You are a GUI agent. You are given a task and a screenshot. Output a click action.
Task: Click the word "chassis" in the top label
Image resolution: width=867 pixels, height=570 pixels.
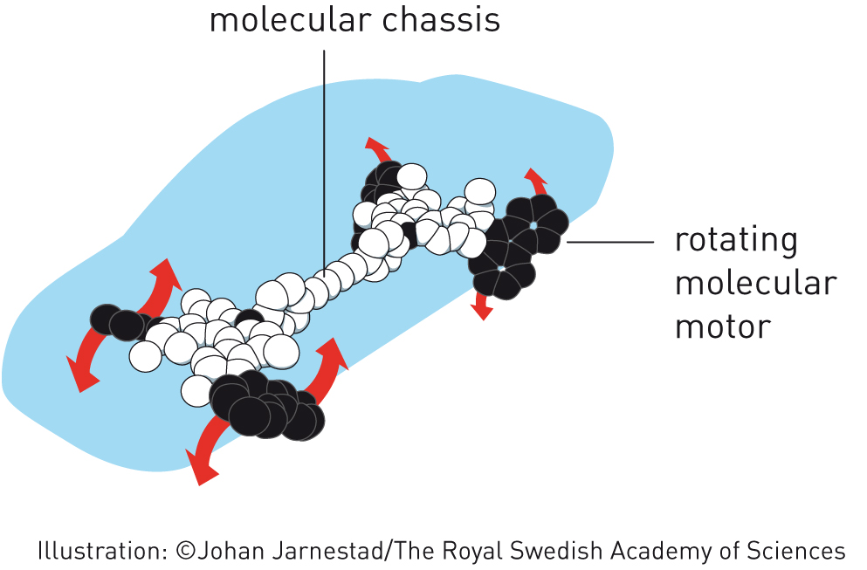click(x=441, y=20)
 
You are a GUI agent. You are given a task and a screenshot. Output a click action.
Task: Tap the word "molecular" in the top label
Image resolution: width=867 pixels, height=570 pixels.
click(x=290, y=20)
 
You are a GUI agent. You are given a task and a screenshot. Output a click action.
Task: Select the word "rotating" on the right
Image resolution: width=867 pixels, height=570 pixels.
click(x=736, y=241)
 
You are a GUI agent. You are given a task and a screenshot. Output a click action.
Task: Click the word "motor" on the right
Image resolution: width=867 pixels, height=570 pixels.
click(x=723, y=326)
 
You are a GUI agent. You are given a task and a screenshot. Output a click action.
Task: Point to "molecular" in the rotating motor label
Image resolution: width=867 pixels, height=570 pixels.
click(x=756, y=283)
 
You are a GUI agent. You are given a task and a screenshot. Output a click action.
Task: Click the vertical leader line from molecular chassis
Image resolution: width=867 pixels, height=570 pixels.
click(x=324, y=161)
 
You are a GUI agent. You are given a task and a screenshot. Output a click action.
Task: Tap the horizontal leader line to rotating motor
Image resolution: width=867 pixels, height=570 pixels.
click(x=610, y=242)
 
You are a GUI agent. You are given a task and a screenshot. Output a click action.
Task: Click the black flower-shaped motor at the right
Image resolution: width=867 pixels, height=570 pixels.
click(x=518, y=247)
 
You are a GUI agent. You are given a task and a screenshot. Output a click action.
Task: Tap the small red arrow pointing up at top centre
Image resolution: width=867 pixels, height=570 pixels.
click(x=378, y=148)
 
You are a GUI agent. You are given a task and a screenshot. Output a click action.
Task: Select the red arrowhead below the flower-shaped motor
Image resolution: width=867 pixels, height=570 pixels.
click(x=482, y=307)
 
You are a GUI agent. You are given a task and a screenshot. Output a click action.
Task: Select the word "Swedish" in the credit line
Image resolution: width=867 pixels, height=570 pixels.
click(x=555, y=551)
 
